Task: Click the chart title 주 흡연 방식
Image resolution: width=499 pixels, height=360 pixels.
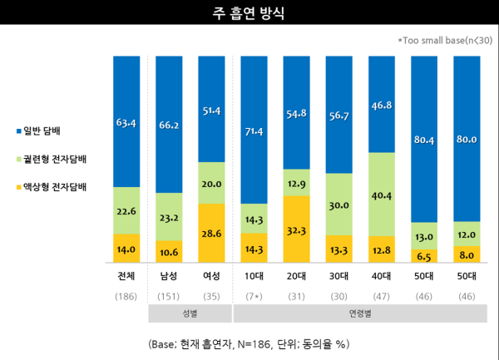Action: pos(249,13)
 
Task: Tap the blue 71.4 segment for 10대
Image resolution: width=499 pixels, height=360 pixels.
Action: pos(255,130)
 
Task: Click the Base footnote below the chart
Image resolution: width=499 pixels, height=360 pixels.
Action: pos(249,343)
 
